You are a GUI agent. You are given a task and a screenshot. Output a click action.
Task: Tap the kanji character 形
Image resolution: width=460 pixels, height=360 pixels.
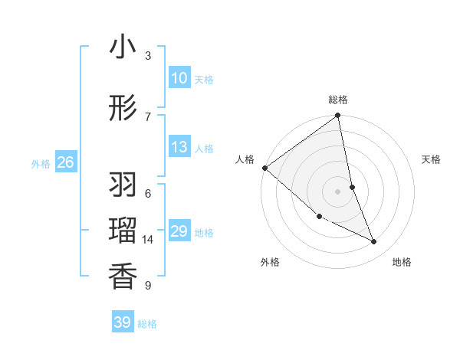click(123, 109)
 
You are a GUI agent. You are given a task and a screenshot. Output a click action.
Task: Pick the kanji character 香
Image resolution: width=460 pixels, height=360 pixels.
click(123, 276)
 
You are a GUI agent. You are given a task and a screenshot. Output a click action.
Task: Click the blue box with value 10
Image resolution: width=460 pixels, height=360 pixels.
click(179, 78)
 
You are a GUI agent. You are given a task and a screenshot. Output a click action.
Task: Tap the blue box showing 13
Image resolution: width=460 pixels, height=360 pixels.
click(179, 147)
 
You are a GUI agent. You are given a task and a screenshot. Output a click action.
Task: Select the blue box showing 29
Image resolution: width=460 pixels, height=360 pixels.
click(179, 231)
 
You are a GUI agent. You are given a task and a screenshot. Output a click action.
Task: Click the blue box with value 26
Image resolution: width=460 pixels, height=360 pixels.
click(66, 162)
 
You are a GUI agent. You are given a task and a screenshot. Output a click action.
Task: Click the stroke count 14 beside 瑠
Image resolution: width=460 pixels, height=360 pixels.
click(148, 240)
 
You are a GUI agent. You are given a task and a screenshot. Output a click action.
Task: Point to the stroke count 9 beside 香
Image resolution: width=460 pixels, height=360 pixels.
click(148, 286)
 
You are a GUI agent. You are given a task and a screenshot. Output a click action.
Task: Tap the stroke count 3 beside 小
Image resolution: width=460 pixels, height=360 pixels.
click(148, 55)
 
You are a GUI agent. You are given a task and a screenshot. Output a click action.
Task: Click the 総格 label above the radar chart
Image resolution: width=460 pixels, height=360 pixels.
click(338, 100)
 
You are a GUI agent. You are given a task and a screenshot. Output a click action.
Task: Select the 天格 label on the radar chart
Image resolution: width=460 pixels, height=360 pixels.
click(432, 159)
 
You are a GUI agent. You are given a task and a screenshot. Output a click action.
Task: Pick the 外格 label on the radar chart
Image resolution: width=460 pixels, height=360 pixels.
click(270, 262)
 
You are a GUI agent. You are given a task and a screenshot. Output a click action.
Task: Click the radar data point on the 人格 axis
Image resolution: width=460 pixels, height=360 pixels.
click(264, 168)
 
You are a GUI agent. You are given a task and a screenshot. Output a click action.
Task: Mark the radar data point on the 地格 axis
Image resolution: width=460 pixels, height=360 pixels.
click(374, 241)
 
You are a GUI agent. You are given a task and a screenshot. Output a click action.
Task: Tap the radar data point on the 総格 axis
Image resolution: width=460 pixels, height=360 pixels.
click(338, 116)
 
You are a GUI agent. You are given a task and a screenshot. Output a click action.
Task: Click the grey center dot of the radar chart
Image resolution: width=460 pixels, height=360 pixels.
click(338, 191)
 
